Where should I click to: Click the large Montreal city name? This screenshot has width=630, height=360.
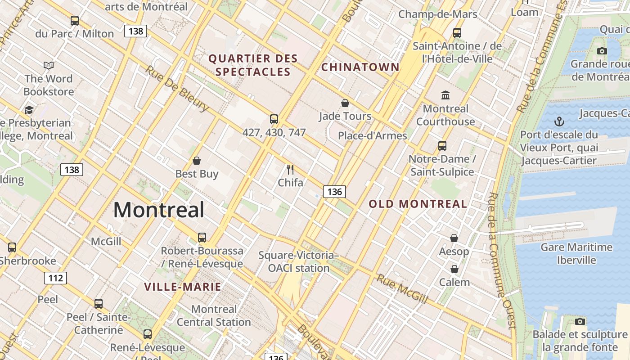(159, 210)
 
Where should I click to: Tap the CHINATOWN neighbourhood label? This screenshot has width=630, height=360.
(360, 67)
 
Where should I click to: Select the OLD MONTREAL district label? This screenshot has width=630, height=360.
(418, 204)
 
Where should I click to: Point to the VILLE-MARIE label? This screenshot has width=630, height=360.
(183, 287)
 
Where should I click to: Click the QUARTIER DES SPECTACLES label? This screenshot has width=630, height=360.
(253, 65)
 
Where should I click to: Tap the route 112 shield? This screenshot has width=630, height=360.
(55, 278)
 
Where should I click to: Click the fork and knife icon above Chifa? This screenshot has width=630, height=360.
(290, 170)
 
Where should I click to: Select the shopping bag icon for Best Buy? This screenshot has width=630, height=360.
(197, 161)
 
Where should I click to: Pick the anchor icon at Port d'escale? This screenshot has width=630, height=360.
(559, 121)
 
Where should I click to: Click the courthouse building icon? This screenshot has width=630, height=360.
(445, 95)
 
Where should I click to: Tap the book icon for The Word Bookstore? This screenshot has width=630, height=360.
(49, 66)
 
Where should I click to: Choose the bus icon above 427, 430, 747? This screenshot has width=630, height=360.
(274, 119)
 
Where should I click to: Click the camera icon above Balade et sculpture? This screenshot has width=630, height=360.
(580, 321)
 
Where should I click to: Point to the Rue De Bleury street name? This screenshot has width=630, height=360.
(177, 88)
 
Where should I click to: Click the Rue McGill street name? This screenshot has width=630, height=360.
(401, 288)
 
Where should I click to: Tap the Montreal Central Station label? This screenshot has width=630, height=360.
(214, 315)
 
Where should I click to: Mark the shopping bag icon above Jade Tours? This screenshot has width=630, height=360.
(345, 103)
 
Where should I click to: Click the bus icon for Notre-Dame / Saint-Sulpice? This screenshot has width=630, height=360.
(442, 146)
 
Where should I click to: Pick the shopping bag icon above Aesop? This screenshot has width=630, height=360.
(454, 238)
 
